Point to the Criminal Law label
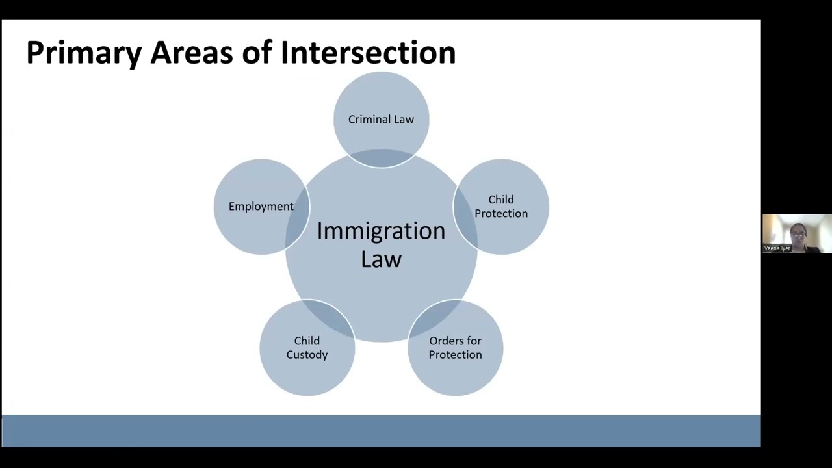(x=381, y=120)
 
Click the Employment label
(x=261, y=207)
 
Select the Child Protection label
(x=501, y=207)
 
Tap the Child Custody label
(x=307, y=348)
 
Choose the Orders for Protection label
(x=455, y=348)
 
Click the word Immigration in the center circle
(x=381, y=231)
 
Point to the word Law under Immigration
(x=381, y=259)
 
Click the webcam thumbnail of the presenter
(x=797, y=233)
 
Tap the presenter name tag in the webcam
(x=777, y=248)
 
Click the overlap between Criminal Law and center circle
(x=382, y=158)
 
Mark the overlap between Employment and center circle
(x=298, y=218)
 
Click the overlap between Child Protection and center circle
(x=465, y=218)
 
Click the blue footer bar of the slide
(x=381, y=431)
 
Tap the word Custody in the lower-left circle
(x=307, y=355)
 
